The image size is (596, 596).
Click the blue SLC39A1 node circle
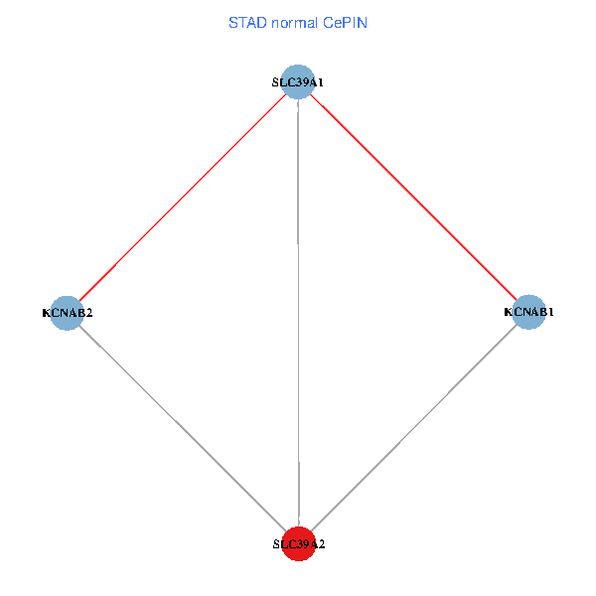pyautogui.click(x=298, y=81)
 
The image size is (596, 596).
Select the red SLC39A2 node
pyautogui.click(x=299, y=543)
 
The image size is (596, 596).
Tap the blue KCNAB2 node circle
pyautogui.click(x=67, y=312)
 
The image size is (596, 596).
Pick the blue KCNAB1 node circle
pyautogui.click(x=529, y=312)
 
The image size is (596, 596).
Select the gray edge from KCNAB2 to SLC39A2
pyautogui.click(x=183, y=428)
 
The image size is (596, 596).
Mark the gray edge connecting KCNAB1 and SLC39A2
pyautogui.click(x=414, y=428)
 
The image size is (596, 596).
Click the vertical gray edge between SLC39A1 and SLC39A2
pyautogui.click(x=299, y=313)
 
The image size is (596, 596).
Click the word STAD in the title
pyautogui.click(x=246, y=22)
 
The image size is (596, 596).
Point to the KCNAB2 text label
pyautogui.click(x=68, y=313)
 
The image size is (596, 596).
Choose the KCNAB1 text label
pyautogui.click(x=529, y=312)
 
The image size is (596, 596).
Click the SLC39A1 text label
pyautogui.click(x=298, y=82)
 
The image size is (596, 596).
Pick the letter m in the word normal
pyautogui.click(x=299, y=22)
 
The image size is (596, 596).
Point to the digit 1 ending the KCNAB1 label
pyautogui.click(x=551, y=312)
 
